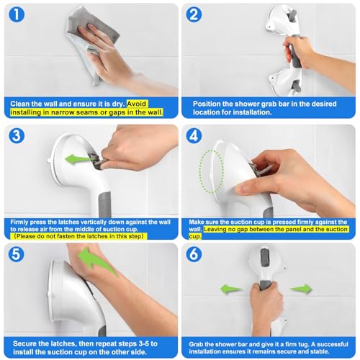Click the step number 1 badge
[17, 14]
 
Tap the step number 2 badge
[194, 14]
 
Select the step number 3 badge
[17, 135]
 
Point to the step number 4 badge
[194, 135]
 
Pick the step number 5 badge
[16, 254]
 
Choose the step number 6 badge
[194, 254]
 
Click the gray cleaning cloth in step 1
[92, 43]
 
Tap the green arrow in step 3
[79, 160]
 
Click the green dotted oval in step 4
[211, 171]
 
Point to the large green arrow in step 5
[96, 261]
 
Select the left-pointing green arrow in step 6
[230, 289]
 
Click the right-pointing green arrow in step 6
[301, 288]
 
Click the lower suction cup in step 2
[285, 81]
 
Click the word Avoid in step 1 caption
[136, 104]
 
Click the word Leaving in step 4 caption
[215, 230]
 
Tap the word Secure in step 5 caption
[25, 343]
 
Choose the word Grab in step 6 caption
[196, 344]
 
